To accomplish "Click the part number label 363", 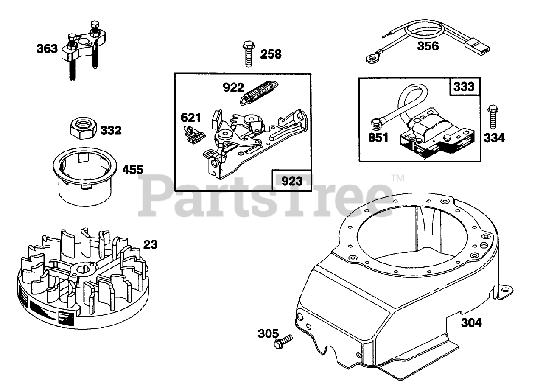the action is point(47,48).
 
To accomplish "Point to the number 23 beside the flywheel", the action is point(150,244).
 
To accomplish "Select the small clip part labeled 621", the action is point(194,133).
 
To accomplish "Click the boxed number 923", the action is point(293,181).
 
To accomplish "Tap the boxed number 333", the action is point(464,87).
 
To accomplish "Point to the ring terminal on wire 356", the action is point(371,58).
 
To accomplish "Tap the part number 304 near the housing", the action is point(471,323).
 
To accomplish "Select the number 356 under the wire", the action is point(428,46).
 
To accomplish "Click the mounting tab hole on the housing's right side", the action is point(506,290).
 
